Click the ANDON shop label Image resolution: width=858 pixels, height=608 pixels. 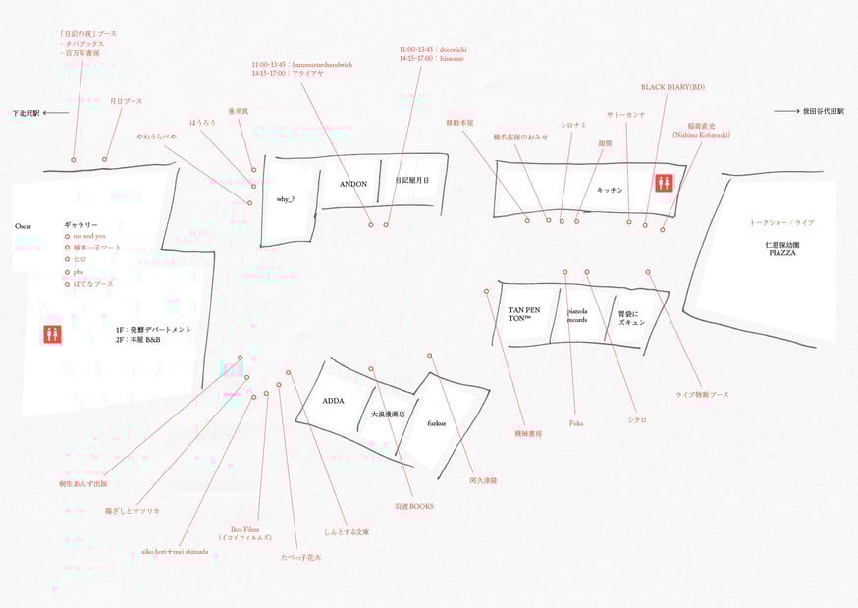tap(352, 184)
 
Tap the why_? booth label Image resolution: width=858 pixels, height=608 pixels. tap(286, 199)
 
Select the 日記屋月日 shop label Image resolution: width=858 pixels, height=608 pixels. tap(412, 181)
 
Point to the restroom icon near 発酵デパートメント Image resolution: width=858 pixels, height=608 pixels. tap(53, 335)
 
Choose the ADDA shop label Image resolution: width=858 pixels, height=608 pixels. tap(333, 401)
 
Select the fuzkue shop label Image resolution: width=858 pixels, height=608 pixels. tap(437, 422)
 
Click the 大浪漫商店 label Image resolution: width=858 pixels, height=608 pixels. tap(389, 415)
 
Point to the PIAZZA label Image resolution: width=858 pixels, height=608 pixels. tap(782, 252)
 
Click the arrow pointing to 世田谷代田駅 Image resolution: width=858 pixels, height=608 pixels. tap(786, 112)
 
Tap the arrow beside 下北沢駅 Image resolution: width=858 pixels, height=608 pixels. tap(57, 113)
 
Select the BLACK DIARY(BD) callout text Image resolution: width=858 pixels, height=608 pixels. tap(672, 87)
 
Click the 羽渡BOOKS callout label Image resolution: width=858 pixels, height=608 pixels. tap(413, 506)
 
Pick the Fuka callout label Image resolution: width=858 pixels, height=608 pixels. tap(576, 422)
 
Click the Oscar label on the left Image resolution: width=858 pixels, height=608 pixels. tap(24, 226)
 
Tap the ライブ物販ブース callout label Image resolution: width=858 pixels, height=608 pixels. tap(702, 395)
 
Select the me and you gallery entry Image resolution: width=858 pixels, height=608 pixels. tap(90, 236)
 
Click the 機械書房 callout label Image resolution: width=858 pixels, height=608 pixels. tap(528, 432)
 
